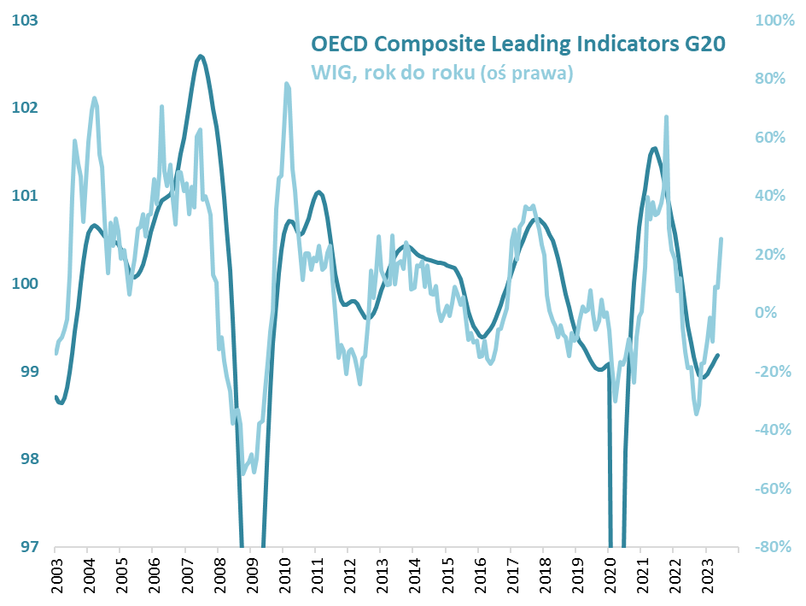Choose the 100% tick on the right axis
click(775, 20)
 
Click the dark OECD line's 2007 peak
click(201, 56)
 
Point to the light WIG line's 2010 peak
click(286, 84)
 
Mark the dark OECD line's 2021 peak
click(654, 149)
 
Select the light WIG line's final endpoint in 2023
click(721, 239)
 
